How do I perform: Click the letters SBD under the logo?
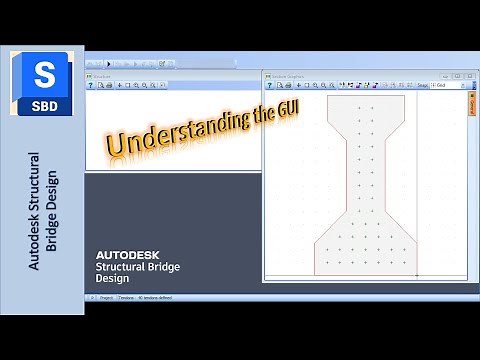point(43,104)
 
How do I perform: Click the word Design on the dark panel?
point(112,279)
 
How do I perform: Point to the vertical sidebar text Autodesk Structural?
point(34,210)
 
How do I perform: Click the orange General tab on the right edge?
point(471,107)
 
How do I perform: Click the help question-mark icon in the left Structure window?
point(91,85)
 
